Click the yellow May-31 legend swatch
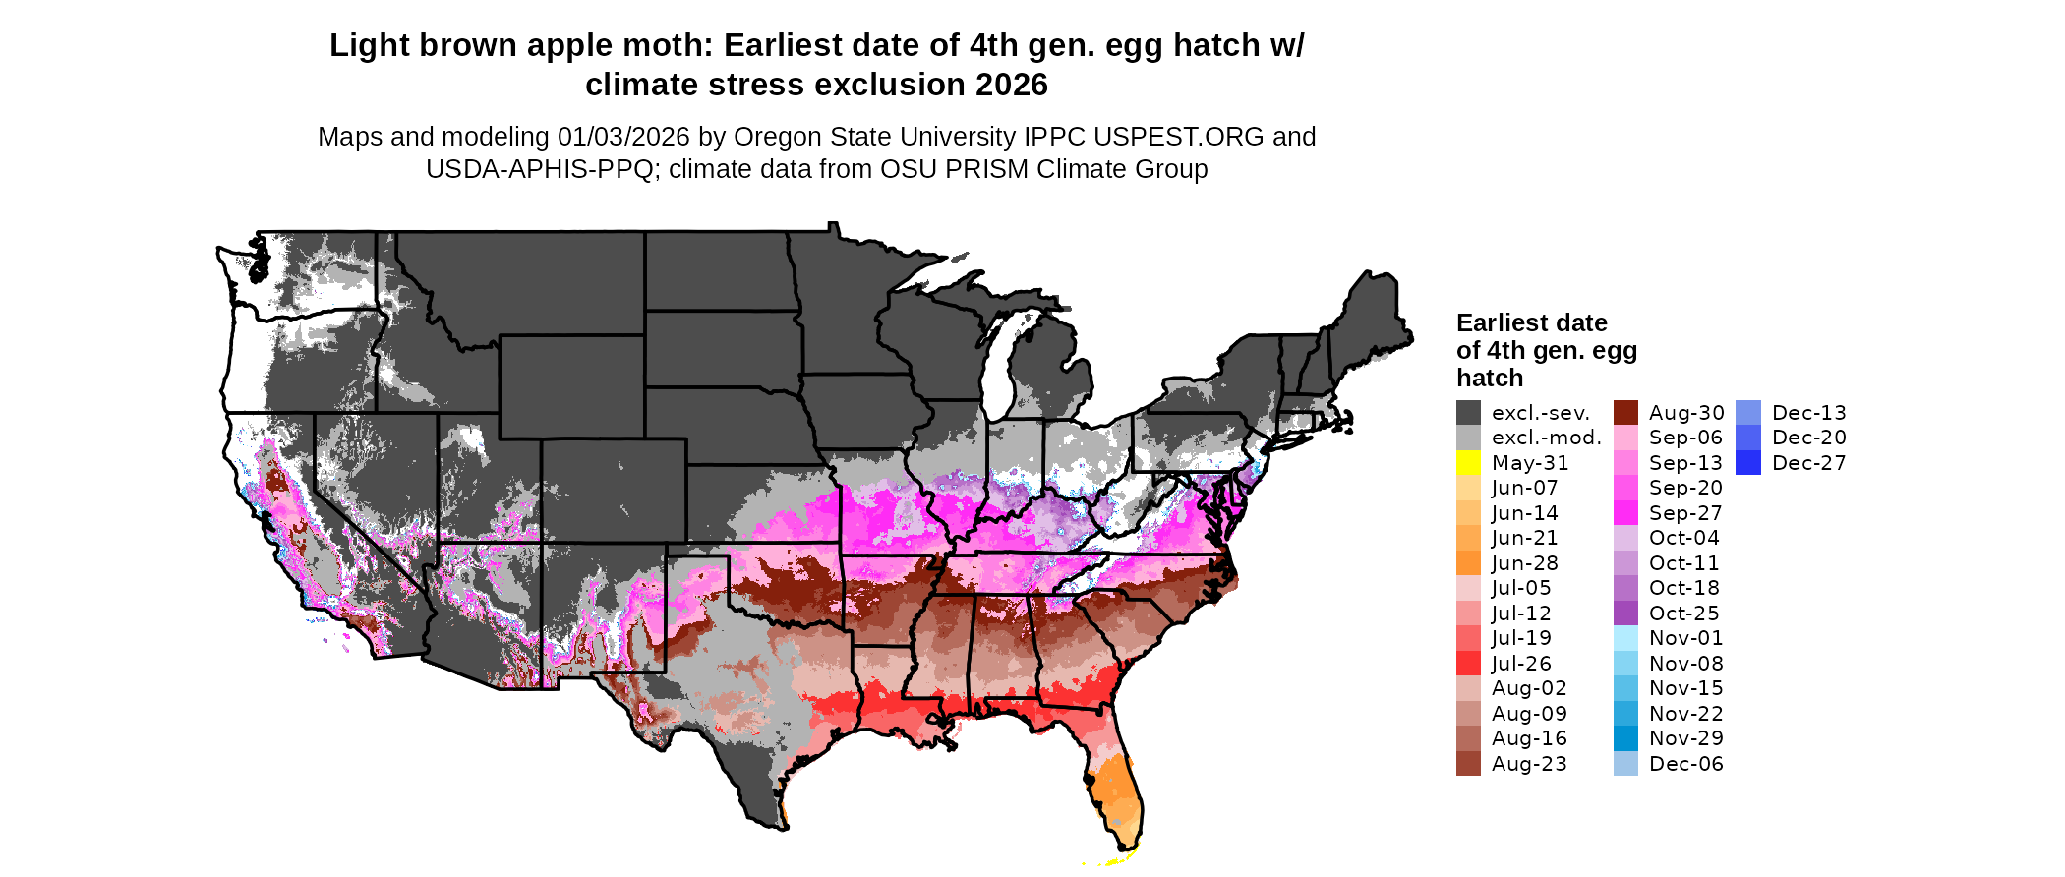1468,463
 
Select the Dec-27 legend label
1808,463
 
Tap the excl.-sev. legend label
1540,413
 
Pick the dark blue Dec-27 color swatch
1748,463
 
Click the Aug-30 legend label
1686,413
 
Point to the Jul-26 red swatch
1468,664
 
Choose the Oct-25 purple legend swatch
1625,614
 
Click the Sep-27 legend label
1685,513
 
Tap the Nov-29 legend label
1685,738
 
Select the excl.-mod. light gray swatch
1468,438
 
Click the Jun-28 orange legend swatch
1468,563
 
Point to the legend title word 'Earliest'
1501,322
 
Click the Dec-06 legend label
1685,764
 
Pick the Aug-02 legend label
1528,688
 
